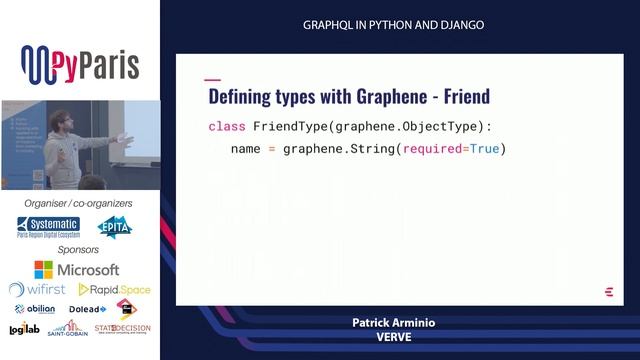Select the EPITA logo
115,227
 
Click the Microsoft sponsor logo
77,269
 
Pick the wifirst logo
37,289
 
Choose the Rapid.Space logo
115,289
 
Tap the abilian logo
35,309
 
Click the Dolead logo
87,309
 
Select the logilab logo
25,329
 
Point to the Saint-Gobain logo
65,329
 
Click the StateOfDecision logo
120,328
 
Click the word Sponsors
79,248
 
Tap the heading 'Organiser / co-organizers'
79,204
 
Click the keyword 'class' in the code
227,126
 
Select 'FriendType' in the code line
292,126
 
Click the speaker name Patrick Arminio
393,324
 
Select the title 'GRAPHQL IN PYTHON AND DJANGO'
393,25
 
